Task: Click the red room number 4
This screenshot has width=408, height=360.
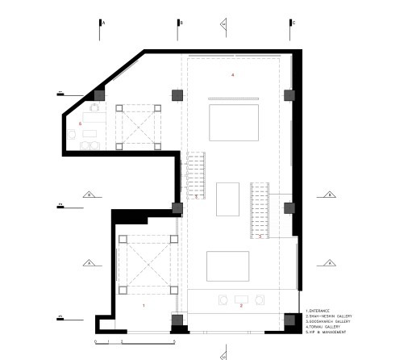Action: [x=232, y=75]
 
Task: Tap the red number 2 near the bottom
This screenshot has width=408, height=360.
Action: [x=240, y=306]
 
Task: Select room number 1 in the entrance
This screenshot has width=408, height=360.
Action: [x=144, y=306]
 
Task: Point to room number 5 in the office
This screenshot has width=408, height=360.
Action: [x=81, y=123]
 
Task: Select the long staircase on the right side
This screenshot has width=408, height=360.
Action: [x=260, y=211]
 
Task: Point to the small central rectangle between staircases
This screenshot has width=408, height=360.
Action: [x=228, y=199]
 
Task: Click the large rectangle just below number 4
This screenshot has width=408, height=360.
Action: [x=232, y=122]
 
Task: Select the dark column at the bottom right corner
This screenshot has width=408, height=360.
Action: [x=290, y=321]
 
